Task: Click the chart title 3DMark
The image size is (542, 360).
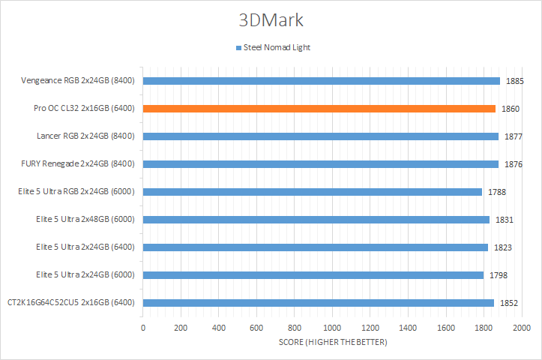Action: point(271,19)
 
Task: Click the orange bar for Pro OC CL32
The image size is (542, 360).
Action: point(319,109)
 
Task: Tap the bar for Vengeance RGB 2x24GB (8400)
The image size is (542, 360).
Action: point(321,81)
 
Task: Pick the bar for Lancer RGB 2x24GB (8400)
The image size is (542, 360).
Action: point(320,136)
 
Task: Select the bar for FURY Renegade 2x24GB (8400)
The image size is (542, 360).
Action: point(320,164)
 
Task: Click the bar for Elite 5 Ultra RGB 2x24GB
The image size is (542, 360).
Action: point(312,192)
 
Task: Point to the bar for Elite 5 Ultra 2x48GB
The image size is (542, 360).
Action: point(316,220)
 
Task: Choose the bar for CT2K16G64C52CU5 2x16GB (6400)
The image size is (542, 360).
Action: point(318,303)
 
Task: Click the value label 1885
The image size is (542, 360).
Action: point(515,81)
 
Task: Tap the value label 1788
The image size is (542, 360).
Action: point(497,192)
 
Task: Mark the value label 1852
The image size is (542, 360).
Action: point(509,303)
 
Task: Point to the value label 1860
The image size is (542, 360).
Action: point(511,109)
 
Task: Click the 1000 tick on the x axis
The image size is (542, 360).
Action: point(332,328)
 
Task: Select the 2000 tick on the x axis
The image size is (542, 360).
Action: point(521,328)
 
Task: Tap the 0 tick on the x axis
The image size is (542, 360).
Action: point(143,328)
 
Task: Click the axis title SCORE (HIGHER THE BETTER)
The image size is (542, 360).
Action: point(332,343)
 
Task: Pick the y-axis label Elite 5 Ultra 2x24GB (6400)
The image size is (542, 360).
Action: point(85,247)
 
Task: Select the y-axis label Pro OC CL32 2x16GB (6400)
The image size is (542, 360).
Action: point(84,109)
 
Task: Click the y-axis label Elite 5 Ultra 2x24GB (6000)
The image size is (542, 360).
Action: point(85,275)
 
